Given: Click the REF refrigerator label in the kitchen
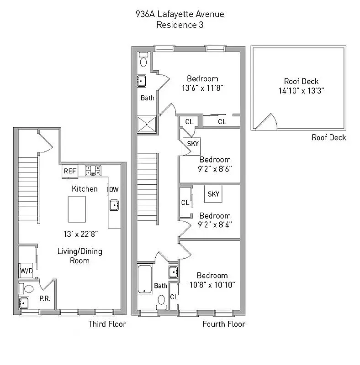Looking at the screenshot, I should [70, 171].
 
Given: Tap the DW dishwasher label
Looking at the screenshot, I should [113, 189].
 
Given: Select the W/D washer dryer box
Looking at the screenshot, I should [26, 271].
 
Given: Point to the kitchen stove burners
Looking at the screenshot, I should [93, 171].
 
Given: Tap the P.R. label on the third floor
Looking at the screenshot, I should [44, 299].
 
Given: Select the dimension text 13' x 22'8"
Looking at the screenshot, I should [80, 234].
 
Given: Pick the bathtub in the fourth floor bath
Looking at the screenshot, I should [145, 279].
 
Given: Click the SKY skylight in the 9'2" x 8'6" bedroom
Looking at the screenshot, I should [193, 144].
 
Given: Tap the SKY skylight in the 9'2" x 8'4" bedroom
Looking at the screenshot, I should [213, 194].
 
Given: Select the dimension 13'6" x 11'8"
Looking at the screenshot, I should [202, 87].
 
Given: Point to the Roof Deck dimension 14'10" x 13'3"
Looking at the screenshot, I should [301, 90].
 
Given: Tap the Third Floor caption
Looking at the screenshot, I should [107, 324].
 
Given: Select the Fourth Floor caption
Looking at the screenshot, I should [224, 324].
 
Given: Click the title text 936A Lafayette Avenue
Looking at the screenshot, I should [180, 14].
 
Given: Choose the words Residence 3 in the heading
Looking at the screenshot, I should [180, 25].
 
